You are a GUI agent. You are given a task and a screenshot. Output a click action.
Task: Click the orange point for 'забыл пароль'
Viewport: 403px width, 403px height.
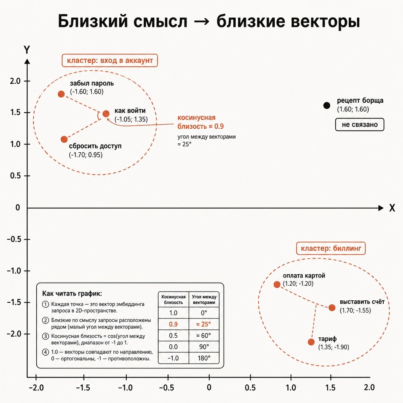61,94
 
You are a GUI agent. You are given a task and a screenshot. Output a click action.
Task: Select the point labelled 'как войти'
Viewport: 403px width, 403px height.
106,114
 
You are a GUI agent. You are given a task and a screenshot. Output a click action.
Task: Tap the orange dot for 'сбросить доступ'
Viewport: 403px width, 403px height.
64,139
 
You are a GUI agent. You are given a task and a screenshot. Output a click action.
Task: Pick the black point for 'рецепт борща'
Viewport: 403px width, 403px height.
327,105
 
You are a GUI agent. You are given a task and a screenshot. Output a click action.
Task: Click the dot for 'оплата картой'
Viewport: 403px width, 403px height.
277,285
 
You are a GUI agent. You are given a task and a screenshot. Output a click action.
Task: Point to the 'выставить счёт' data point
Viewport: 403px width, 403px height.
332,308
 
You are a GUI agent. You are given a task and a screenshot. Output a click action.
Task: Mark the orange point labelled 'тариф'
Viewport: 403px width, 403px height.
311,342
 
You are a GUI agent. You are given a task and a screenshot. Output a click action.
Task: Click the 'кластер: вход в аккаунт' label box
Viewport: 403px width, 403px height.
110,61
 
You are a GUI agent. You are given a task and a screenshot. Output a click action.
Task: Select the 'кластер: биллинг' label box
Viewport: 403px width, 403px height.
331,248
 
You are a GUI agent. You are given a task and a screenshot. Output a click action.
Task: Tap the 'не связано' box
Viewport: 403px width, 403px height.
360,125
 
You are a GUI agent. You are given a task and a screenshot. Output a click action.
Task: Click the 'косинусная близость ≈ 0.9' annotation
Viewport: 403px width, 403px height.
200,122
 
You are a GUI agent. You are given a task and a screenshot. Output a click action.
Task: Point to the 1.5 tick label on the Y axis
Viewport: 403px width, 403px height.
15,113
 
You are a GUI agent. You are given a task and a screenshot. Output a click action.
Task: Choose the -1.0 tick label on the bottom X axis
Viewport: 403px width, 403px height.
125,388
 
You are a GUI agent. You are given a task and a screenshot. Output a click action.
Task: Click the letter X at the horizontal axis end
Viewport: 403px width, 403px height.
392,208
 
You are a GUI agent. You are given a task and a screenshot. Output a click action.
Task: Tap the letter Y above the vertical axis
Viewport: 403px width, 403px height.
27,50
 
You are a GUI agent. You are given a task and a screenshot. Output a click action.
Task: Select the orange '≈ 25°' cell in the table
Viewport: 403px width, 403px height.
203,324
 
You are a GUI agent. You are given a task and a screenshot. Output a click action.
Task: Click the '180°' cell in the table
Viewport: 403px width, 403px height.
204,358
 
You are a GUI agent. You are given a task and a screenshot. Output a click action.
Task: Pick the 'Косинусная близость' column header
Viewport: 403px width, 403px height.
174,299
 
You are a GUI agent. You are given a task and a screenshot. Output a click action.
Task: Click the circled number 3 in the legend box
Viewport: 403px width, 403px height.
46,336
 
